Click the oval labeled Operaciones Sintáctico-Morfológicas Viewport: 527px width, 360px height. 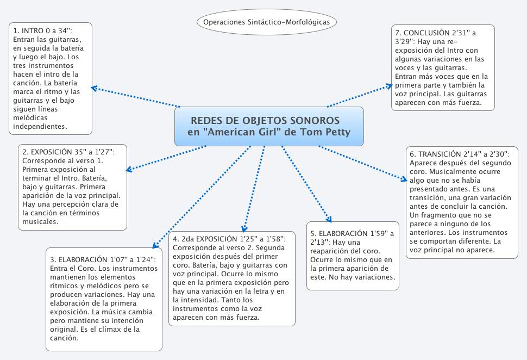(266, 22)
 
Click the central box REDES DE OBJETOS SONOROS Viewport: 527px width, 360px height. (268, 126)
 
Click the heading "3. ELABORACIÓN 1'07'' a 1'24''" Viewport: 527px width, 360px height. (103, 259)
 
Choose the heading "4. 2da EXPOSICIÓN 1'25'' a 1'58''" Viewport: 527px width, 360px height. (233, 238)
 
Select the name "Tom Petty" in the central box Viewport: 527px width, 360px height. (327, 132)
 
